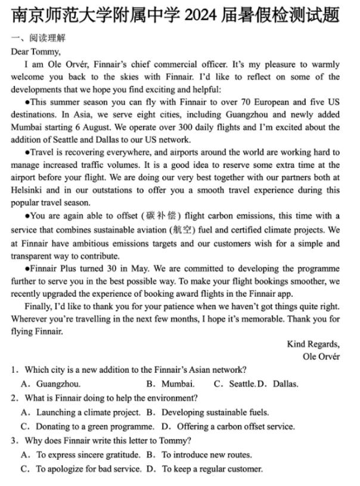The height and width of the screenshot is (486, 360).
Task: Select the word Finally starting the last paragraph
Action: (x=39, y=306)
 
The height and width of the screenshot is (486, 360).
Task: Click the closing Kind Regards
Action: (x=313, y=344)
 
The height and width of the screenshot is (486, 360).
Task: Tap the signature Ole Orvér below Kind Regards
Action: (x=321, y=357)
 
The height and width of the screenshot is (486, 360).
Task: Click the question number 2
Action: (x=14, y=398)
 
